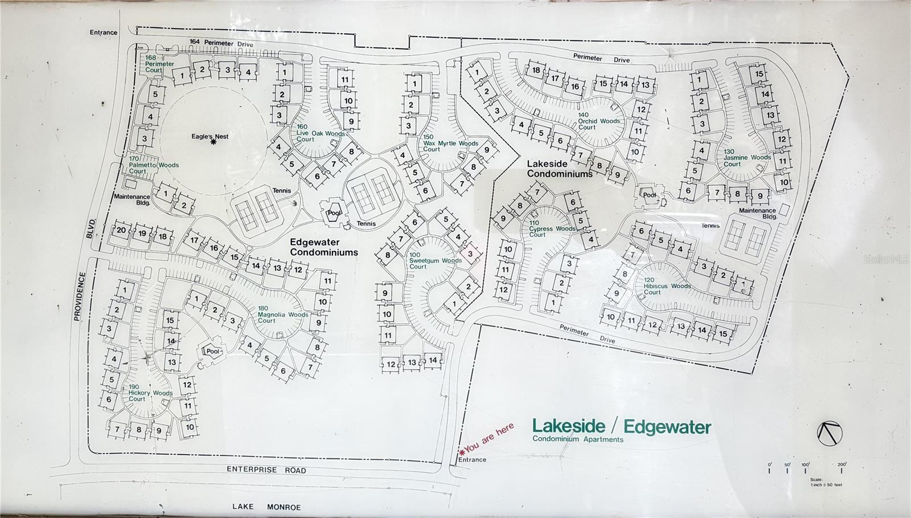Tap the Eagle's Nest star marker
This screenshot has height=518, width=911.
(214, 142)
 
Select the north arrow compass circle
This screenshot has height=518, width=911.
(829, 434)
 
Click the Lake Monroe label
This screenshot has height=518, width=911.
(266, 507)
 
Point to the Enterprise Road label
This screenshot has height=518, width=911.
(266, 470)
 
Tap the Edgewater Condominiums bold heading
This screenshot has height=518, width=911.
(323, 247)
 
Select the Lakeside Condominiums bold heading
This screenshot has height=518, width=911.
(560, 169)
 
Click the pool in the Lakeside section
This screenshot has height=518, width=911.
(650, 195)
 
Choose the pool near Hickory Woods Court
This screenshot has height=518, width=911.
(212, 351)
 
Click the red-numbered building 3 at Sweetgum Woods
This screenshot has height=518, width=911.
(470, 254)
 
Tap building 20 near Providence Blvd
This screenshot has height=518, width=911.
(121, 231)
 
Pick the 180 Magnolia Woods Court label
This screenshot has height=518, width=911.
(282, 315)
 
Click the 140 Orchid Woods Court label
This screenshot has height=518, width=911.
(598, 121)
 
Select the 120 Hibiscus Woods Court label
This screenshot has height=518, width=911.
(667, 286)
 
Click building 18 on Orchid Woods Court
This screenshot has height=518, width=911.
(536, 71)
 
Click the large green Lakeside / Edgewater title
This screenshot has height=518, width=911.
(621, 427)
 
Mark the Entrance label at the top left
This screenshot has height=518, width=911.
(104, 32)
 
